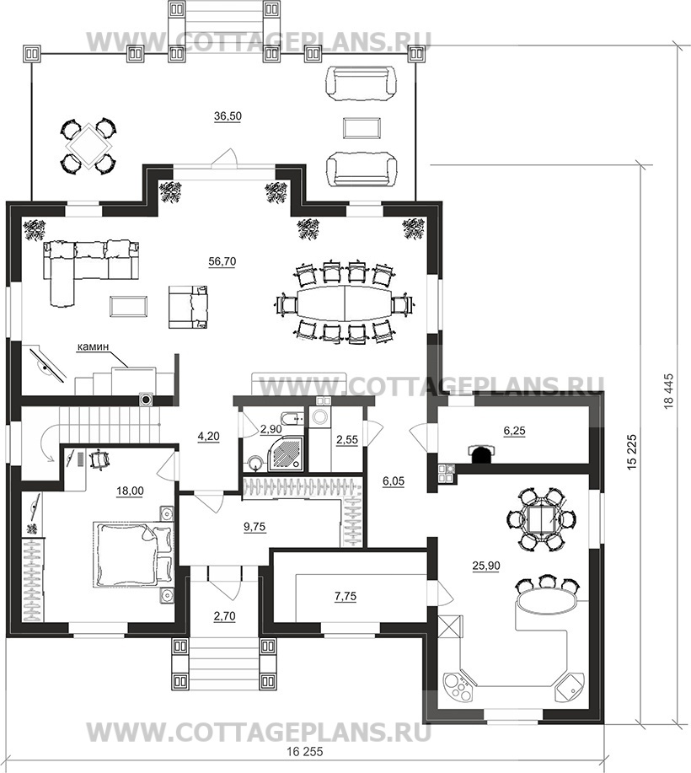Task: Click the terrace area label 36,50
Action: click(x=228, y=116)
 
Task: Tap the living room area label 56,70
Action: click(x=222, y=261)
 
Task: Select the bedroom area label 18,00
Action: click(x=130, y=491)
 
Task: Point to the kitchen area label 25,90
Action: click(x=485, y=566)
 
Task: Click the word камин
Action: click(x=93, y=347)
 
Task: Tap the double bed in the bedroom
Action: click(x=134, y=554)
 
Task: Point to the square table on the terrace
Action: click(x=88, y=146)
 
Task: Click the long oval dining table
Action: click(x=344, y=302)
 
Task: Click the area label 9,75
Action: click(x=254, y=527)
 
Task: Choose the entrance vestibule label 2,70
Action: click(x=225, y=615)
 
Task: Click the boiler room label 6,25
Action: click(x=514, y=431)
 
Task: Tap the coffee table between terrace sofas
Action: click(x=362, y=129)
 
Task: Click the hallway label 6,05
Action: click(x=393, y=482)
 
